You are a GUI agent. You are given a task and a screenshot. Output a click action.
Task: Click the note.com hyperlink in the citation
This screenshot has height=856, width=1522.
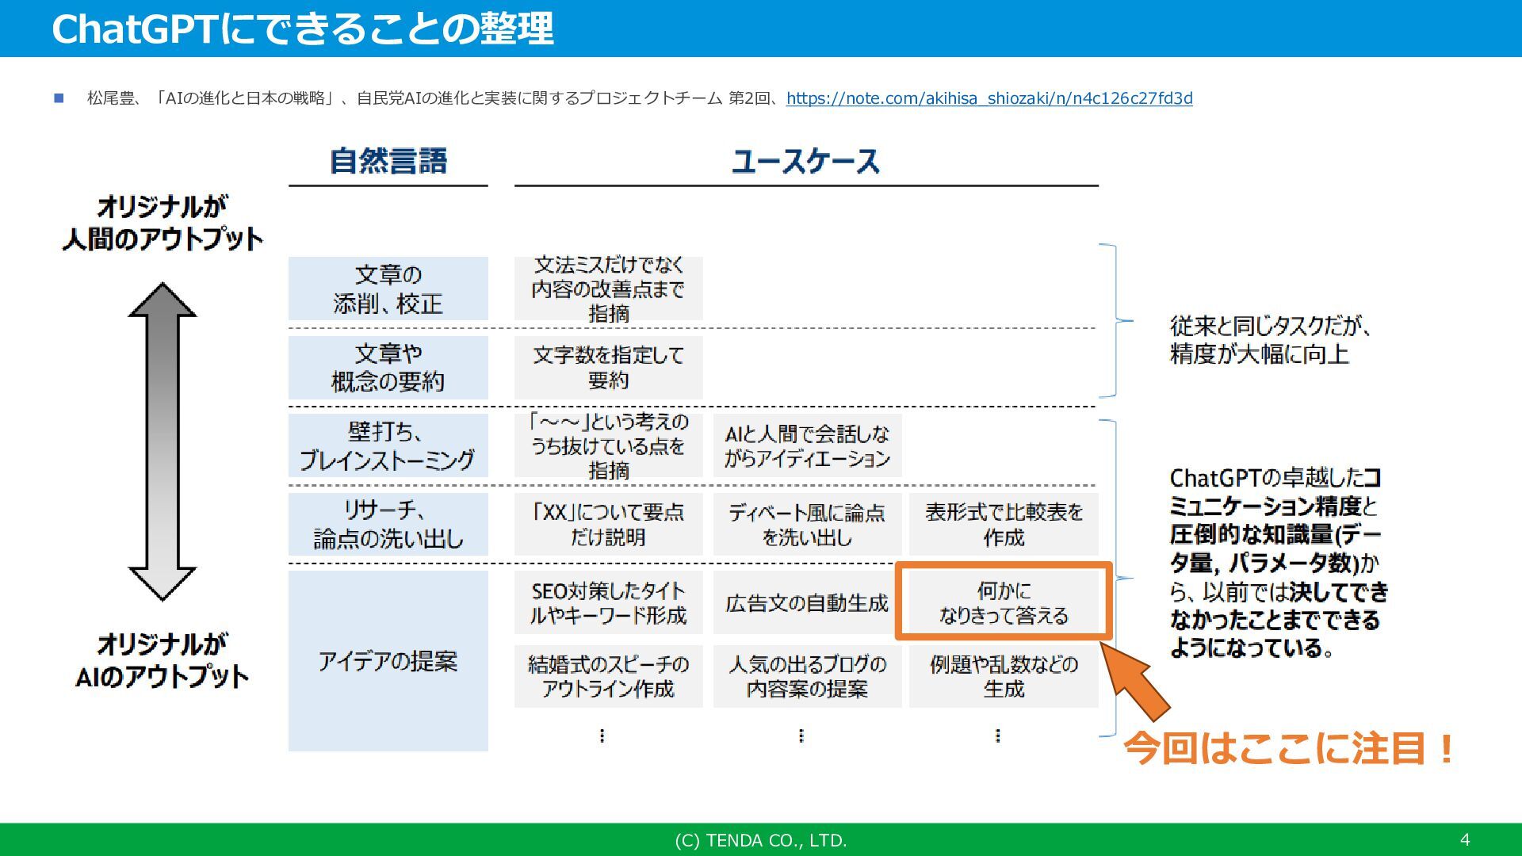[x=989, y=98]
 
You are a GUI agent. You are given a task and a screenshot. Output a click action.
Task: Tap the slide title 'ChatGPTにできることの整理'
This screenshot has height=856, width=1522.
[x=302, y=29]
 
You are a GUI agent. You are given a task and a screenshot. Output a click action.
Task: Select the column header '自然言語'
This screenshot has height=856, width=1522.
[x=388, y=162]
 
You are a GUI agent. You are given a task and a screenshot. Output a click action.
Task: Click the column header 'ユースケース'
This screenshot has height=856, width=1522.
[x=805, y=162]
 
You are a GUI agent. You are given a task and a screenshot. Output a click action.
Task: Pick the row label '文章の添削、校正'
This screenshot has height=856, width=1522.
[x=388, y=289]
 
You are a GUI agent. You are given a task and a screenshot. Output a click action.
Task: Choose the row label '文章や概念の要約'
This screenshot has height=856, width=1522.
[x=388, y=368]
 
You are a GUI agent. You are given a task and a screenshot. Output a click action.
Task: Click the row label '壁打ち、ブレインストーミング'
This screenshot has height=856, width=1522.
[x=388, y=445]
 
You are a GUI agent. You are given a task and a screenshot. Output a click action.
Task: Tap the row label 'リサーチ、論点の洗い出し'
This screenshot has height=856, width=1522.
[x=388, y=524]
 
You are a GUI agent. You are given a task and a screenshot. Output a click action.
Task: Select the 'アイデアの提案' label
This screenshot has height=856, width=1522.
[x=388, y=660]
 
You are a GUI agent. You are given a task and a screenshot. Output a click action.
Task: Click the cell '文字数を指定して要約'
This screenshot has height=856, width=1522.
[x=608, y=368]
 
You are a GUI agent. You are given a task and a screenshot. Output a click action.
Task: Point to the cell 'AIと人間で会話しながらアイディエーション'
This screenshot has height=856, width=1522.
[x=807, y=446]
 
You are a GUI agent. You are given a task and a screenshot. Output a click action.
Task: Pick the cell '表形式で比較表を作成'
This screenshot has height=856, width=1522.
[x=1004, y=524]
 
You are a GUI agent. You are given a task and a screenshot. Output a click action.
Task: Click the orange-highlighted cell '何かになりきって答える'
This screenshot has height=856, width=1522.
[x=1004, y=602]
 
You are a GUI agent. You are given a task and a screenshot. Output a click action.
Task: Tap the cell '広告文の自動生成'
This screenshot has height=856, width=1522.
[x=807, y=603]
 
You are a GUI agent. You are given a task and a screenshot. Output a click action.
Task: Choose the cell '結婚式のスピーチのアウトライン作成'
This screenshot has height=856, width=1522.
[x=608, y=676]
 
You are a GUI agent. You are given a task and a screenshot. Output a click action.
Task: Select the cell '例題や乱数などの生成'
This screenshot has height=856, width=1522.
[x=1004, y=676]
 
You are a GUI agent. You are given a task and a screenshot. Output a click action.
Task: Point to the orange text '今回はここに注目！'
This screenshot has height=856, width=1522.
[x=1289, y=748]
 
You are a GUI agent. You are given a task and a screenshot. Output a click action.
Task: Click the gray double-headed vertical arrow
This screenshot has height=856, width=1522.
[x=163, y=441]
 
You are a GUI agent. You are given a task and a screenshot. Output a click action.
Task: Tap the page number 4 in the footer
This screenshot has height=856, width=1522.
[x=1464, y=839]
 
